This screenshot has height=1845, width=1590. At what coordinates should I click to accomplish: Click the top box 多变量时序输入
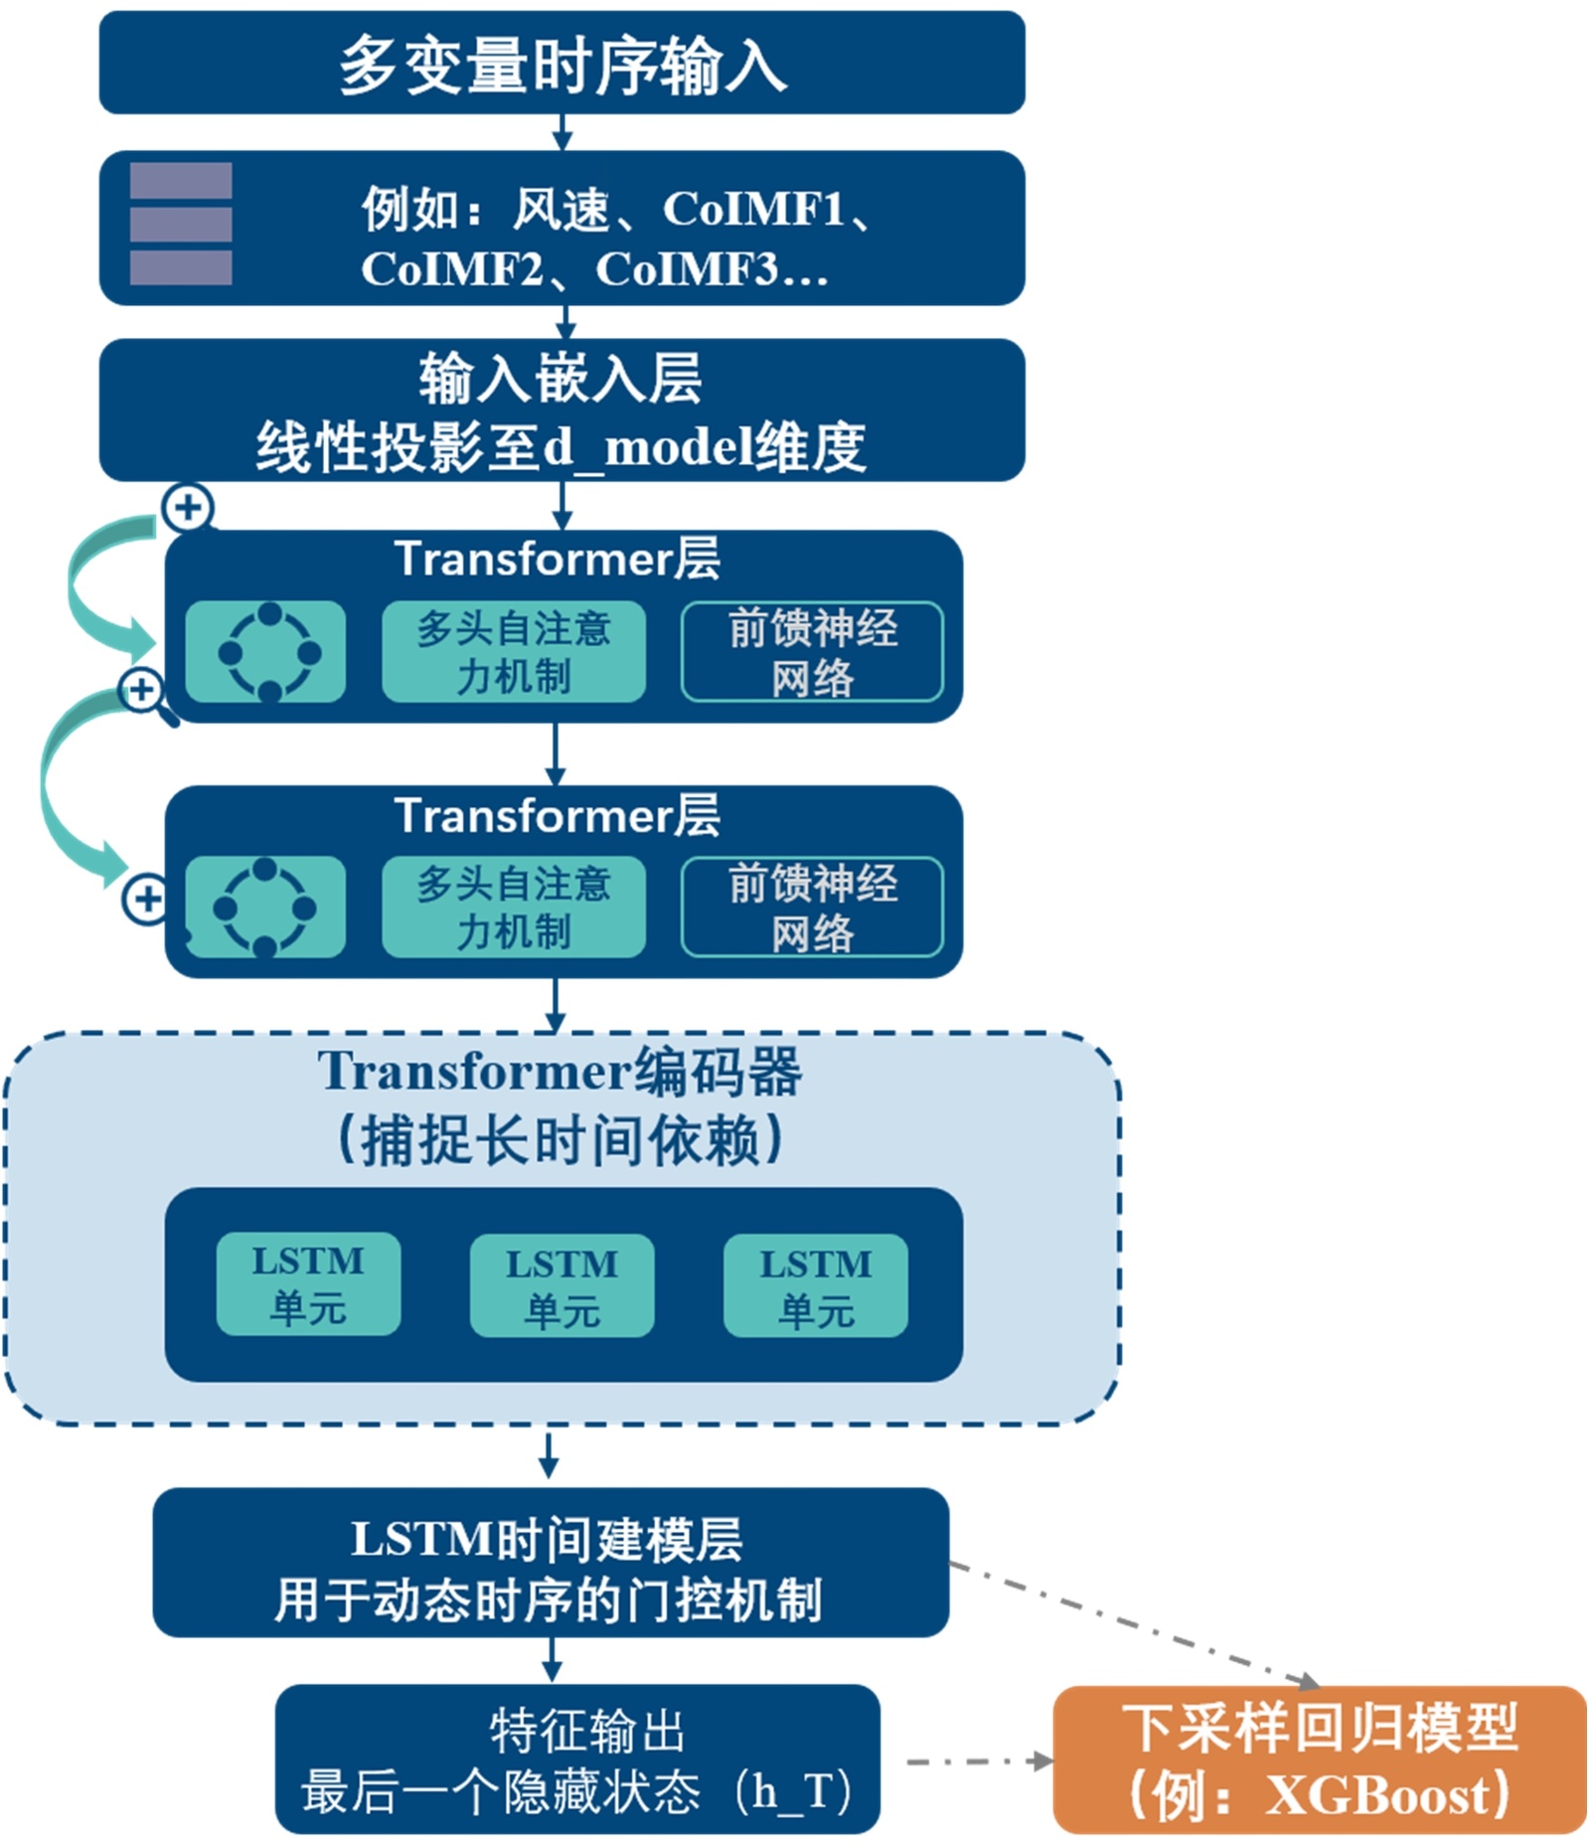(x=561, y=63)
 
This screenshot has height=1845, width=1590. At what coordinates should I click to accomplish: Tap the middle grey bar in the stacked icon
(x=181, y=225)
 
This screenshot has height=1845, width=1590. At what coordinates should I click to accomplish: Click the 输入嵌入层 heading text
(x=559, y=379)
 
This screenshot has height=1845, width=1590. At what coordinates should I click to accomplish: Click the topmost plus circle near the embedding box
(x=187, y=507)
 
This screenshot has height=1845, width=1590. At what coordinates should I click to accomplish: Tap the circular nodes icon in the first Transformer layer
(x=267, y=652)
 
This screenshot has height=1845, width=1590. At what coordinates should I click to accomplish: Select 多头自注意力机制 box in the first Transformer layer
(x=513, y=652)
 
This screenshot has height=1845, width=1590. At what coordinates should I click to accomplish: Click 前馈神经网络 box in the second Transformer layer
(x=812, y=908)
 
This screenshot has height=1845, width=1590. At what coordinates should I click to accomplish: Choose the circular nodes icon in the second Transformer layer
(x=264, y=908)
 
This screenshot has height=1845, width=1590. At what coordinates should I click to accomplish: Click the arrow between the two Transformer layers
(x=556, y=754)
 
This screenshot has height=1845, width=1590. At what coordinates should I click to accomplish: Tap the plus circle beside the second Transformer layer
(x=146, y=899)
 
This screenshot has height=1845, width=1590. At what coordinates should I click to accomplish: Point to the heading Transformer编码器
(x=559, y=1072)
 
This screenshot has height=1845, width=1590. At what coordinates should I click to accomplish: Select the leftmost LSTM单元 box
(x=308, y=1283)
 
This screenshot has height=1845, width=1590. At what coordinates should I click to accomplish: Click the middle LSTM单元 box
(x=561, y=1285)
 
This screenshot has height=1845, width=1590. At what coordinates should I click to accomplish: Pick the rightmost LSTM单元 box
(x=815, y=1285)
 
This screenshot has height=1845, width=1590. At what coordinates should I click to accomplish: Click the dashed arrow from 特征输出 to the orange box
(x=979, y=1761)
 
